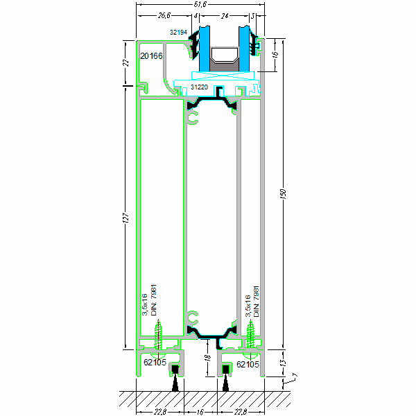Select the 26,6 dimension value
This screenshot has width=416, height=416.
coord(164,15)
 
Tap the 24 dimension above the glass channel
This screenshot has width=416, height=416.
coord(223,15)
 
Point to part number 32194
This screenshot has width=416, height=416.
coord(179,32)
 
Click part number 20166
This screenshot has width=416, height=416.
coord(151,55)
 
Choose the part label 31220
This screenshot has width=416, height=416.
coord(199,87)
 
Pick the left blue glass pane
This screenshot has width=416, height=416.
coord(206,49)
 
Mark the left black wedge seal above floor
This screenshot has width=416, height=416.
coord(175,382)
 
